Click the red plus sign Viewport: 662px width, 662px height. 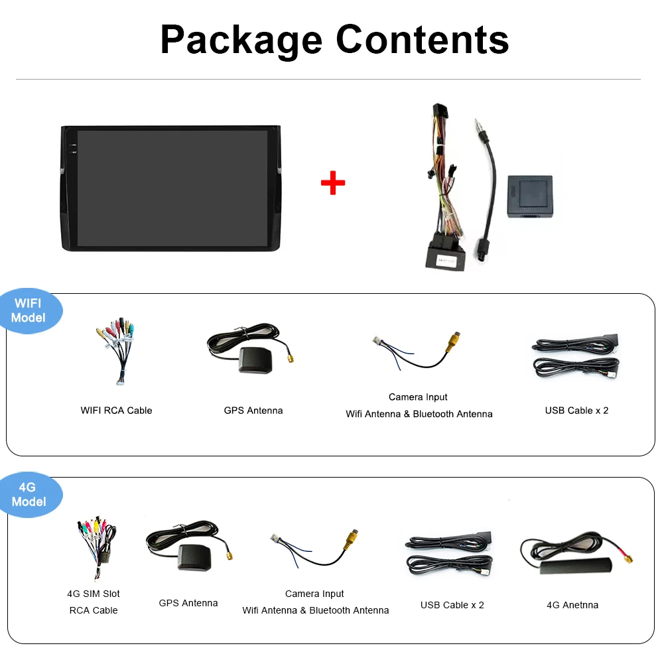(332, 182)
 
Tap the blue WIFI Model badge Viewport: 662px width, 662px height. (29, 310)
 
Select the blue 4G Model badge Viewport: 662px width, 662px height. (29, 495)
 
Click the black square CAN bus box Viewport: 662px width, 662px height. (529, 196)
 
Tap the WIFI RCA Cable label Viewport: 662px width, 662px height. (116, 411)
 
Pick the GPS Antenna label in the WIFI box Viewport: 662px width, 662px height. (253, 411)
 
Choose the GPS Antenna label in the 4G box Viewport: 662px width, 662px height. (188, 603)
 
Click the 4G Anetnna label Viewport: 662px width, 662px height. (572, 605)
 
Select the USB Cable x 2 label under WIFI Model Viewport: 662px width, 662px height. (576, 411)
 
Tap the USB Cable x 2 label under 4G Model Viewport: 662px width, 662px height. (452, 605)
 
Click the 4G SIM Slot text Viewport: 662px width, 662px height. (94, 594)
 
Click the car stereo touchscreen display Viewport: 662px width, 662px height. (172, 188)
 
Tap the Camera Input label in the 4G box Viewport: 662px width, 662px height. (314, 594)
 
